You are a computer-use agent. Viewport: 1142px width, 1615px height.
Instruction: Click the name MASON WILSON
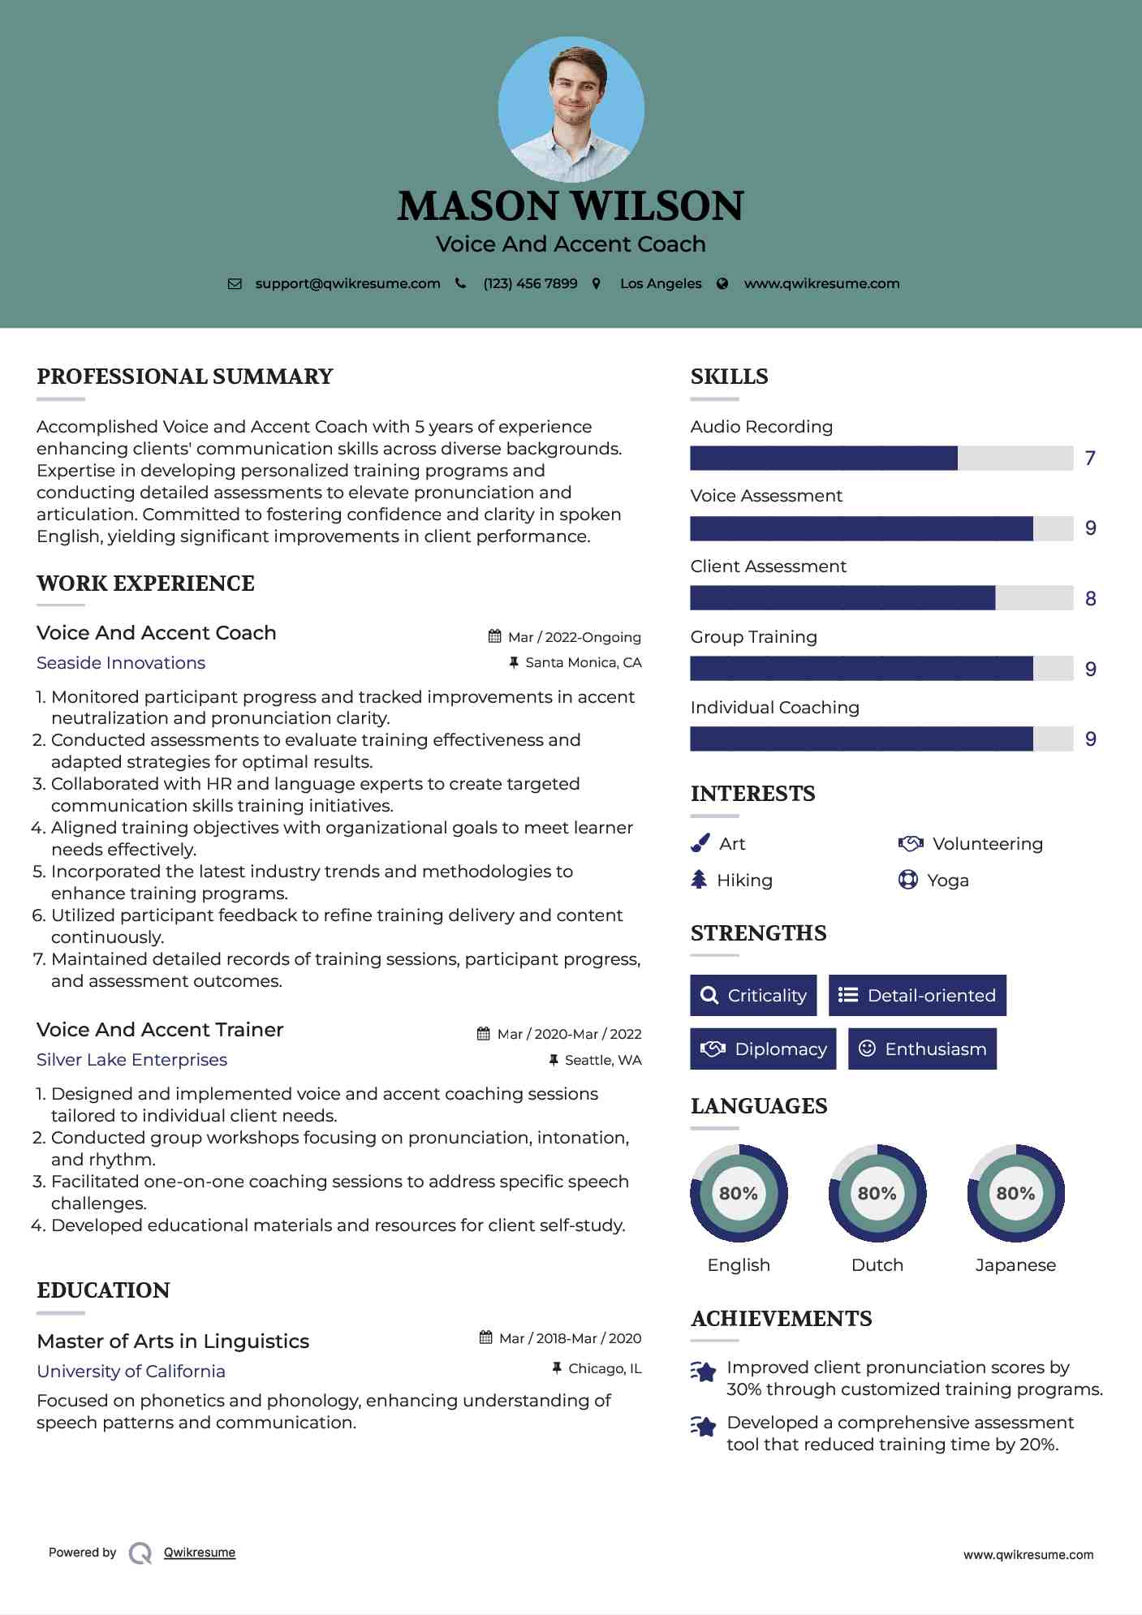point(571,206)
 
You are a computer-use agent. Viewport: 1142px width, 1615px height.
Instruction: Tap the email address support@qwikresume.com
point(347,284)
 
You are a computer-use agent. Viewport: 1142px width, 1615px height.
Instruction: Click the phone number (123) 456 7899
point(530,284)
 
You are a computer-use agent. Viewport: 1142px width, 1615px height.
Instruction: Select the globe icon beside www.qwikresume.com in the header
point(722,284)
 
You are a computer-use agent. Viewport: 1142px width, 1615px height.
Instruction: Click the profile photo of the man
point(571,110)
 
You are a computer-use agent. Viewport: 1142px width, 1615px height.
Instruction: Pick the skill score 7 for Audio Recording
point(1090,459)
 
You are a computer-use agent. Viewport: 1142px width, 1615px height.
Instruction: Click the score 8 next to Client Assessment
point(1090,599)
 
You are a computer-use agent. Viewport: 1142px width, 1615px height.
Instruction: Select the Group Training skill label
point(753,637)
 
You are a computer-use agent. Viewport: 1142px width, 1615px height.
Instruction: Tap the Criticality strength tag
point(753,996)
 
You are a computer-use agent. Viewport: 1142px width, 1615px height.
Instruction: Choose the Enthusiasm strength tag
point(922,1049)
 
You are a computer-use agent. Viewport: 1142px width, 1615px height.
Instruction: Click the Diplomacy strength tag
point(763,1049)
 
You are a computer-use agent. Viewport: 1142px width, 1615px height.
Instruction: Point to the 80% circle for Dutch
point(877,1194)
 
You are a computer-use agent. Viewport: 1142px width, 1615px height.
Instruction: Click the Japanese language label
point(1015,1265)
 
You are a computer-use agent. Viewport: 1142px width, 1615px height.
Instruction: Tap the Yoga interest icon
point(907,880)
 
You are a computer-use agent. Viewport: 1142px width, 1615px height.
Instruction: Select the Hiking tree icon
point(699,880)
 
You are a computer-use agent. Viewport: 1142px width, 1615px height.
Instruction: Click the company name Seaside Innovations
point(121,663)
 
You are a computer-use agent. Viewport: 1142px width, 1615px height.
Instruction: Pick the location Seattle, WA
point(603,1061)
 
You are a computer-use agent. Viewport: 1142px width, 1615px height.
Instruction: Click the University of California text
point(131,1372)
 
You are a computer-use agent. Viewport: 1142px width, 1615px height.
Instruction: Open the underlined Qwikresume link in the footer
point(200,1553)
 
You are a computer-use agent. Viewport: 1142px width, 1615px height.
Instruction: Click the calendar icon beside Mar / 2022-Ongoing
point(494,636)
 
